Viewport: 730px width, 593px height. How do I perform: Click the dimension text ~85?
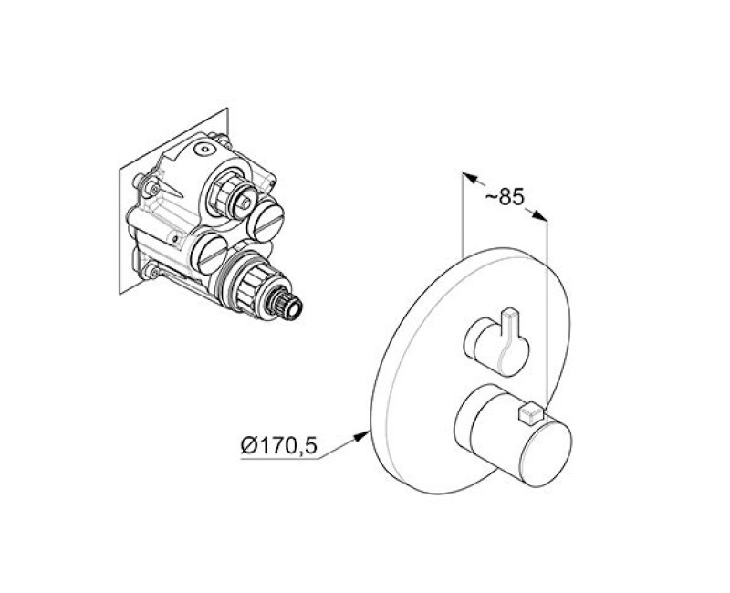pyautogui.click(x=505, y=196)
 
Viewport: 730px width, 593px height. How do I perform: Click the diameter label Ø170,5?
pyautogui.click(x=278, y=446)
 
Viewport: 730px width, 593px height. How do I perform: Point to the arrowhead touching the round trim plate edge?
pyautogui.click(x=362, y=436)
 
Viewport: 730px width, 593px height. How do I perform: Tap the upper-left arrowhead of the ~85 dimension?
pyautogui.click(x=470, y=177)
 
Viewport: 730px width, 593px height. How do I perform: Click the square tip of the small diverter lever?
pyautogui.click(x=511, y=313)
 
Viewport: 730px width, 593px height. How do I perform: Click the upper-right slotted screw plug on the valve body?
pyautogui.click(x=266, y=218)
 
